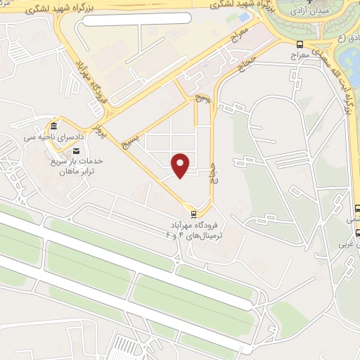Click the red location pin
181,165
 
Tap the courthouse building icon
53,127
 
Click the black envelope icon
77,150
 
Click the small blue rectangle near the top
243,15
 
